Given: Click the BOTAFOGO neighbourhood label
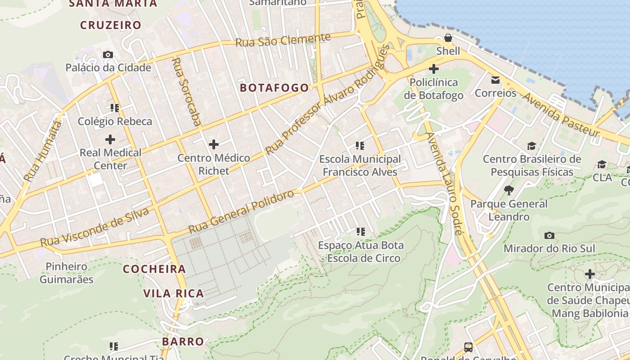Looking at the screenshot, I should [x=274, y=87].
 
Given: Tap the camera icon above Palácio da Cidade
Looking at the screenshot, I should [x=108, y=54].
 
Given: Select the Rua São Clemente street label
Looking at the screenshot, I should [x=283, y=40].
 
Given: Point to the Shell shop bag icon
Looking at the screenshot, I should [x=448, y=37].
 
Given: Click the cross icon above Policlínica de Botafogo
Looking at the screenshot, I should [x=434, y=69].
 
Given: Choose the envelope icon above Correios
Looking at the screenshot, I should [x=495, y=80].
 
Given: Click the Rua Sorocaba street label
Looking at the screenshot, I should [x=186, y=92].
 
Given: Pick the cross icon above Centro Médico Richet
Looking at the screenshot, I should [x=214, y=144].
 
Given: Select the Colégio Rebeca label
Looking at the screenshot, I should [x=115, y=121].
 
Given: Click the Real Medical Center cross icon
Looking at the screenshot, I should [x=110, y=139].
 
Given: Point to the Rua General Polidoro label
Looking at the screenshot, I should [x=241, y=211].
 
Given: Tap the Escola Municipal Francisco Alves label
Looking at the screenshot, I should [x=360, y=165].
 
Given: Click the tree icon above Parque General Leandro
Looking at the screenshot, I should [x=509, y=190].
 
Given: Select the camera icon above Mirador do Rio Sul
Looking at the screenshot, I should [x=549, y=235].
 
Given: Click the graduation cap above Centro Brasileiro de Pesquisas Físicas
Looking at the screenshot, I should [x=532, y=146].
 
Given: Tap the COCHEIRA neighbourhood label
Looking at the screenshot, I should [x=154, y=269].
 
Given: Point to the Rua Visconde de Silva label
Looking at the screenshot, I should [x=94, y=227].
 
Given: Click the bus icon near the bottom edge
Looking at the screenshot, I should [x=468, y=347].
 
